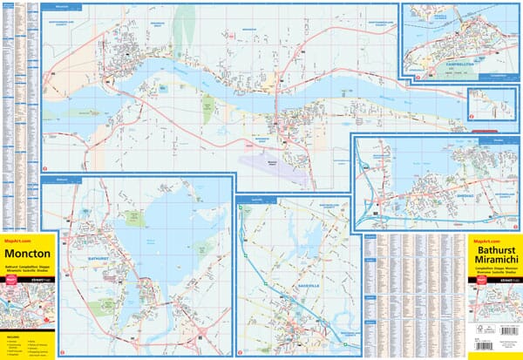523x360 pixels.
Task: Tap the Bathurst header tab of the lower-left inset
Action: (61, 179)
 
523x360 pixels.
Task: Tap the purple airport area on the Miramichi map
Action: (283, 164)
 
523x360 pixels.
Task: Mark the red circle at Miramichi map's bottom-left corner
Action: (45, 166)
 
